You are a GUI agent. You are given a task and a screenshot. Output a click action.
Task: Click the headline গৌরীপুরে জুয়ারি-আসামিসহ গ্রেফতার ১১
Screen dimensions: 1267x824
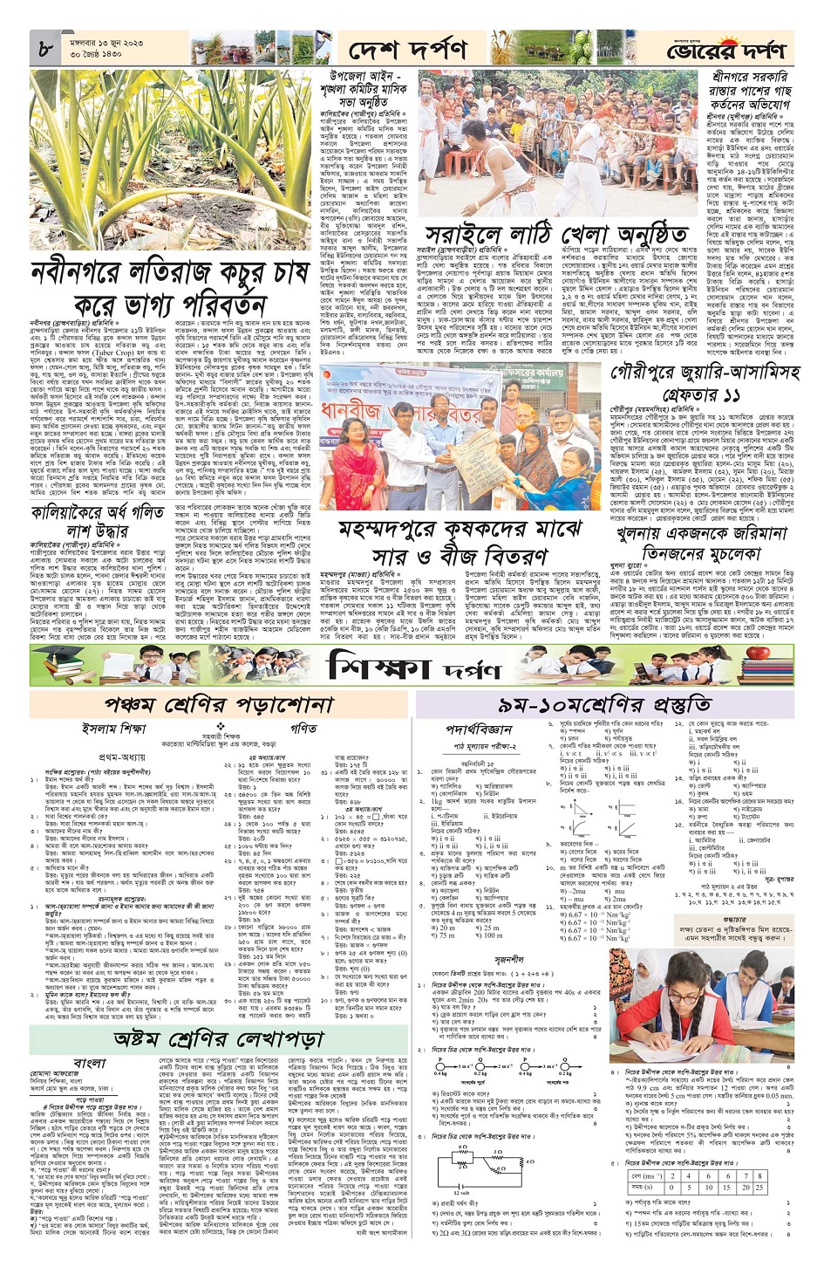click(705, 383)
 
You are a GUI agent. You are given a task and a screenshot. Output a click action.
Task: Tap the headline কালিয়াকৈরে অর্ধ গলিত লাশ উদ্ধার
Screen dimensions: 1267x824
click(98, 522)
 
